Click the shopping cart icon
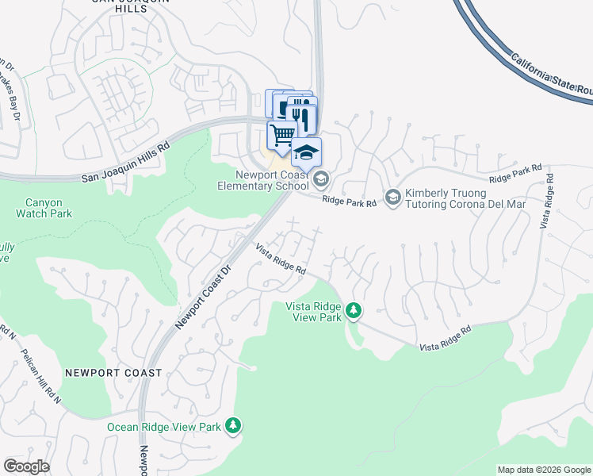click(282, 135)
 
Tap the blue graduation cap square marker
click(307, 151)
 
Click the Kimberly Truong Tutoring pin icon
click(392, 196)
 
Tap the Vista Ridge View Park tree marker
click(354, 310)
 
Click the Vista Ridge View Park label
click(314, 310)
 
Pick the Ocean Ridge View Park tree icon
click(233, 426)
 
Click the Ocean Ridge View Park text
click(164, 427)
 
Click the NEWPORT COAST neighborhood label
click(113, 372)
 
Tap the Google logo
click(26, 466)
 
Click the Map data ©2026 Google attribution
click(545, 470)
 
